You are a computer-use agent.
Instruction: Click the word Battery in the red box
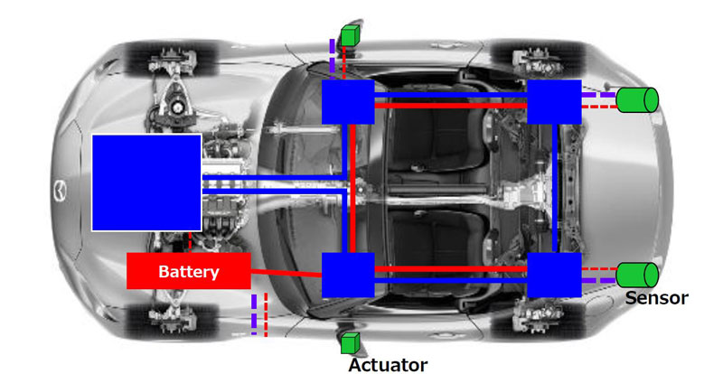coord(188,271)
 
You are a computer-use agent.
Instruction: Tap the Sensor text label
coord(656,298)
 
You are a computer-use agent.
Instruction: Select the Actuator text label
coord(388,364)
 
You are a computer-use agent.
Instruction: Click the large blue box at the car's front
coord(146,182)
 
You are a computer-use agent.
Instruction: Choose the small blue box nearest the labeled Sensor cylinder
coord(553,275)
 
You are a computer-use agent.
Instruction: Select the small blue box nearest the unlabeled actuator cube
coord(348,102)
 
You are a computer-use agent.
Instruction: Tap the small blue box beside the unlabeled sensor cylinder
coord(553,102)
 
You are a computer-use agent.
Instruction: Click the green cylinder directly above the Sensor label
coord(637,275)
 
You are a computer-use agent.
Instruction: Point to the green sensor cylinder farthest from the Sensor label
coord(637,99)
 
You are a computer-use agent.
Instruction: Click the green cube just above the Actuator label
coord(349,343)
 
